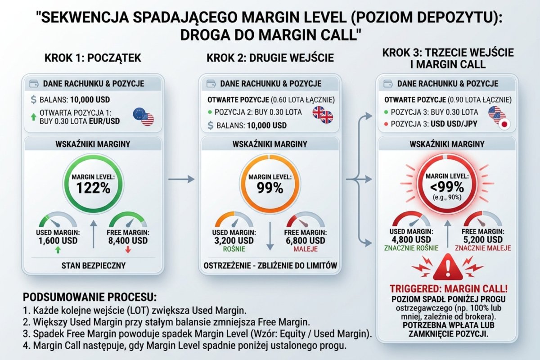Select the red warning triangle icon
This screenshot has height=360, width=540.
[447, 268]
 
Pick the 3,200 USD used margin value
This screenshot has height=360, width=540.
[234, 241]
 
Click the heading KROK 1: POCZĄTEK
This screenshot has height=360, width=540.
[93, 58]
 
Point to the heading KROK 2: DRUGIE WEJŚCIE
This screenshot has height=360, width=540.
[270, 58]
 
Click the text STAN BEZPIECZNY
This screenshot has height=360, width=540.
[93, 265]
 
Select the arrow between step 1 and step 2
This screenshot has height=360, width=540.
[181, 180]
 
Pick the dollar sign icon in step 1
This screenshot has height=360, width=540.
[34, 99]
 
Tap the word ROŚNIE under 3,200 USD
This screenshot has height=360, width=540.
[234, 249]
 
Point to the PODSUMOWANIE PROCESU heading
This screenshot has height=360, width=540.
[90, 297]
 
